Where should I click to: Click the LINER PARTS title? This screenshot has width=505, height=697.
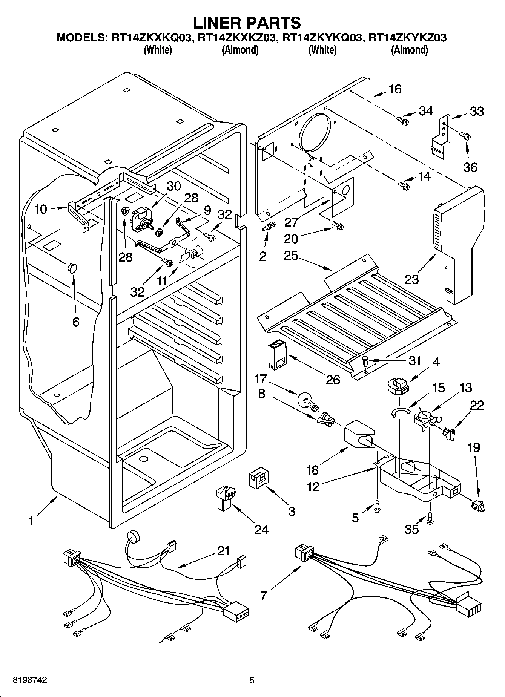coord(247,23)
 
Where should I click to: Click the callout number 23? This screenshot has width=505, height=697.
coord(412,279)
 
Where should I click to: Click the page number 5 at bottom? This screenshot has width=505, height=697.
coord(252,680)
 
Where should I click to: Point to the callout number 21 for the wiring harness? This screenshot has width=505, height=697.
coord(223,551)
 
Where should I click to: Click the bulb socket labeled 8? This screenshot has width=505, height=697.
coord(325,420)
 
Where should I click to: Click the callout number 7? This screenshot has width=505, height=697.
coord(263,596)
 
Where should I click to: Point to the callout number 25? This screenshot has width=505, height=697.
coord(292,256)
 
